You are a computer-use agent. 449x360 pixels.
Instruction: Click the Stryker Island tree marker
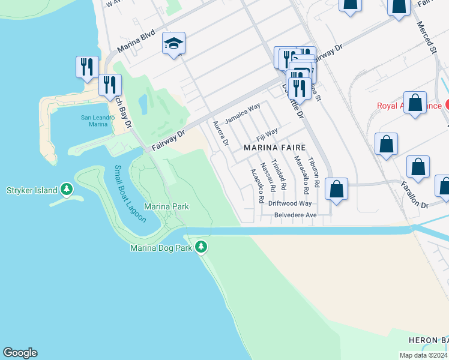pos(67,191)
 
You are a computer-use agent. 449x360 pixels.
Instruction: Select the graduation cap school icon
pos(173,43)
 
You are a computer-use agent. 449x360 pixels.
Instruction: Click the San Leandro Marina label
pos(97,121)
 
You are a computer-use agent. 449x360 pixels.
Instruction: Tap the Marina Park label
pos(167,207)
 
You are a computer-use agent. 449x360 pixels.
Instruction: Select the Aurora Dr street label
pos(221,133)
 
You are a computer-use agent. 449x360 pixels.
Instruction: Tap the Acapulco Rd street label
pos(256,186)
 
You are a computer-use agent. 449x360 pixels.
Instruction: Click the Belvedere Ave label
pos(295,215)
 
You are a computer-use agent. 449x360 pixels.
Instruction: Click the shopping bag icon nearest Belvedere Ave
pos(337,189)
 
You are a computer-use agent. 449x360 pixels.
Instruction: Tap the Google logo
pos(20,353)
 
